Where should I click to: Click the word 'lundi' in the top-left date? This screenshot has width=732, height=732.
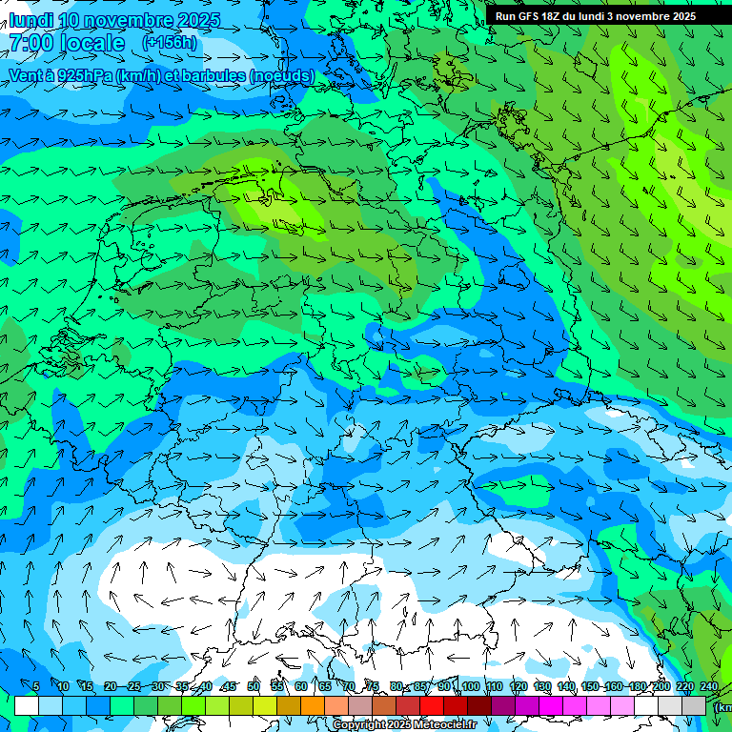[31, 20]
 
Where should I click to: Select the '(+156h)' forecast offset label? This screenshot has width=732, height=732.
[170, 42]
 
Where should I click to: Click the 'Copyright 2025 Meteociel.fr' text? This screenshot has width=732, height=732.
[404, 724]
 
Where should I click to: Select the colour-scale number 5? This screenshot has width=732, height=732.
[36, 687]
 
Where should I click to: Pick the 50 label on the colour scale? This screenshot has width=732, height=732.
[253, 687]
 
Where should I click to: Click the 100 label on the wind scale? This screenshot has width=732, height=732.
[470, 687]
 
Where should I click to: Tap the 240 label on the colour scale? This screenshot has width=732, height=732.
[708, 687]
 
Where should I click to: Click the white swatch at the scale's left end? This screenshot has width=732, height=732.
[27, 705]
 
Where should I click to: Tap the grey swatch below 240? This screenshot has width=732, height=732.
[694, 705]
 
